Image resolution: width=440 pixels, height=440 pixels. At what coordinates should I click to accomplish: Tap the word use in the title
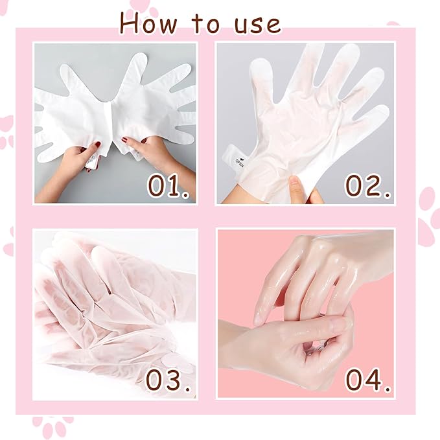click(254, 24)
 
